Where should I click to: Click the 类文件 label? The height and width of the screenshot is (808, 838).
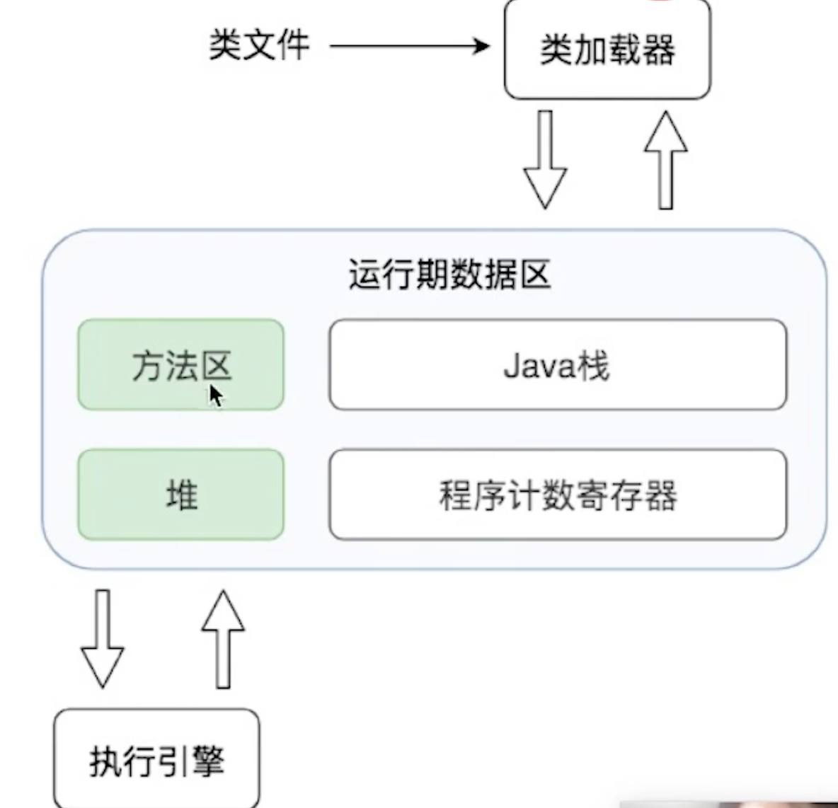[259, 45]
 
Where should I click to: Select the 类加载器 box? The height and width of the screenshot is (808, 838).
[608, 49]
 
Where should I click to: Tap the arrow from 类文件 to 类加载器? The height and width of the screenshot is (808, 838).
[409, 46]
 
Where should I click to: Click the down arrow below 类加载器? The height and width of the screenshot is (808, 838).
[545, 159]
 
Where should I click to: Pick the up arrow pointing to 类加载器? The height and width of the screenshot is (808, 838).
[665, 159]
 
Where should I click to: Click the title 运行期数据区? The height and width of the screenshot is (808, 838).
[449, 275]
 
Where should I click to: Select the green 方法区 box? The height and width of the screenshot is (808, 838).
[180, 364]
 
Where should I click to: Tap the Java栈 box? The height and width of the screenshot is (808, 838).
[558, 364]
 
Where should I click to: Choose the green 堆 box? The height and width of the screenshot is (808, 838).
[180, 495]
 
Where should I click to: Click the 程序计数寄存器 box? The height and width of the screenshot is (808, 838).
[558, 495]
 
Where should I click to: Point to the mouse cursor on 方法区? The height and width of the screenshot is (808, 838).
[215, 396]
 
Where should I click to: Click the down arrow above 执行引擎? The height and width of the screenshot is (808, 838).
[103, 639]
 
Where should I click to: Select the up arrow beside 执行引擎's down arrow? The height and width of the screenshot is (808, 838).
[223, 639]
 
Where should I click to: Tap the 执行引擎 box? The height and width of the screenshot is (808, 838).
[156, 758]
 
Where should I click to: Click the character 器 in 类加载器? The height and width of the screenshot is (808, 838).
[658, 50]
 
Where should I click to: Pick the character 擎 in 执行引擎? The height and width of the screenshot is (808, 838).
[207, 761]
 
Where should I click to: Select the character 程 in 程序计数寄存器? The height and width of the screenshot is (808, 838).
[455, 495]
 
